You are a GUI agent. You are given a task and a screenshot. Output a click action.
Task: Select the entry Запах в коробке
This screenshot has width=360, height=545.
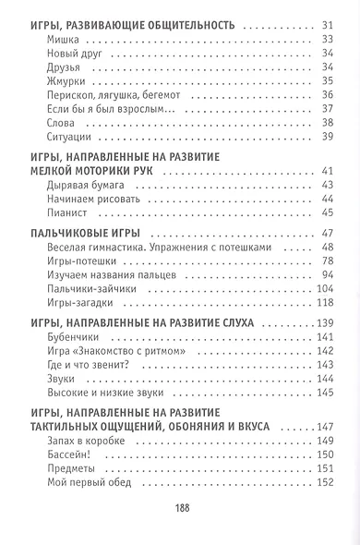84,441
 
